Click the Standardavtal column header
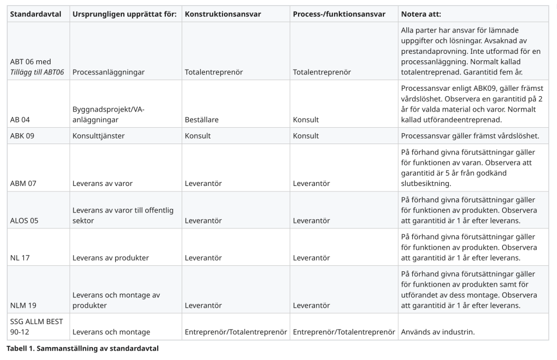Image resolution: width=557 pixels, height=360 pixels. (35, 14)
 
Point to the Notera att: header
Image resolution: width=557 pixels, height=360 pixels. (421, 14)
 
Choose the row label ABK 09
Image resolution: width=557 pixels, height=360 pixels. (22, 136)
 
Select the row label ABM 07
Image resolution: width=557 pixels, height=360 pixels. (23, 183)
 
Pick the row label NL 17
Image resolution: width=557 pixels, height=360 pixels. (20, 258)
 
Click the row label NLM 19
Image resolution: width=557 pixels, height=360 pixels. (23, 306)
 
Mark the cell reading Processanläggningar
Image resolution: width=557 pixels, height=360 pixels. (108, 72)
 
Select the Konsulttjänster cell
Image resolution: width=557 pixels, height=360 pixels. (98, 136)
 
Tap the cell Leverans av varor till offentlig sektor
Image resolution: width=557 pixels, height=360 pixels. (123, 215)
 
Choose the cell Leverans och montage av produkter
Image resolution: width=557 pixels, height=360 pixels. (116, 300)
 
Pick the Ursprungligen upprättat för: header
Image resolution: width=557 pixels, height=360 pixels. (125, 14)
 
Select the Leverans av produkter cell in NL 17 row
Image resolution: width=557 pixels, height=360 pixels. (110, 258)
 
